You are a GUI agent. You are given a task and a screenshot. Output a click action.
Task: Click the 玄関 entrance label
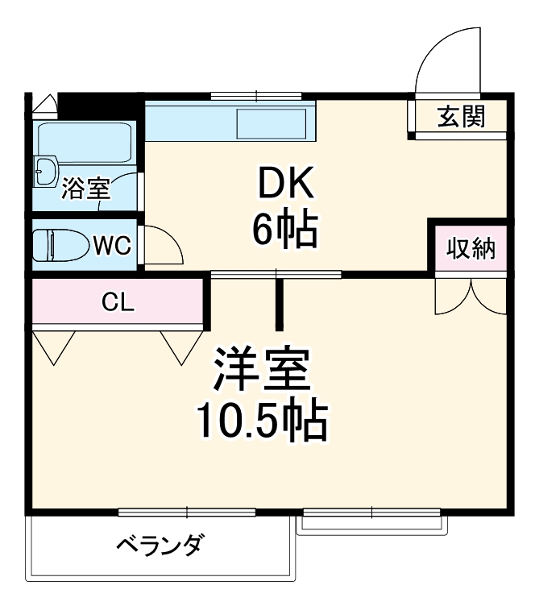(462, 117)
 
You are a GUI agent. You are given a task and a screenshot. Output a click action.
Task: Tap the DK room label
(284, 186)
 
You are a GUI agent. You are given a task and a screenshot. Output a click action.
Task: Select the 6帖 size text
(284, 231)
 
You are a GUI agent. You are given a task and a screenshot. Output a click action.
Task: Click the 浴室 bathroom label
(86, 189)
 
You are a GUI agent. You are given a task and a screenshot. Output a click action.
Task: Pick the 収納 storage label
(471, 248)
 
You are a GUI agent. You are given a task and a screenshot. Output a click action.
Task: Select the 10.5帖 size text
(261, 421)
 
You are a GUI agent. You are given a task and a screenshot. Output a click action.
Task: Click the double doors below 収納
(471, 295)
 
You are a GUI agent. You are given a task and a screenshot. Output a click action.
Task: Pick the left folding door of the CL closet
(54, 345)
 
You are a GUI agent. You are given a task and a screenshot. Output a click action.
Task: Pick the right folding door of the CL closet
(182, 345)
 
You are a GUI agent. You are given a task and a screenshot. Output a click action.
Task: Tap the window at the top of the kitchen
(255, 96)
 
